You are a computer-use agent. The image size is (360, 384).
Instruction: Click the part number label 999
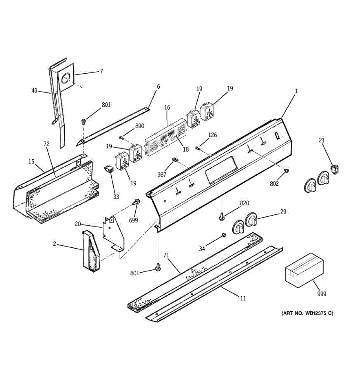click(322, 294)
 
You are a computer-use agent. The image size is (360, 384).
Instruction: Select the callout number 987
click(162, 174)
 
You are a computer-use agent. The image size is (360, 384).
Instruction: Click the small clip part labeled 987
click(175, 160)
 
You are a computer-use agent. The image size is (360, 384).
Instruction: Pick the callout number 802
click(274, 183)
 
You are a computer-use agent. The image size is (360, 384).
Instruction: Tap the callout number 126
click(212, 135)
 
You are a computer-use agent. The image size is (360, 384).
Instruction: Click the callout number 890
click(140, 126)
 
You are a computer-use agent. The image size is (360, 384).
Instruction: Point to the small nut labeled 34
click(223, 236)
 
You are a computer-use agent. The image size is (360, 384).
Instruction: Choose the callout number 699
click(133, 220)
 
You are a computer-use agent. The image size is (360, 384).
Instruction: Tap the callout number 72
click(46, 144)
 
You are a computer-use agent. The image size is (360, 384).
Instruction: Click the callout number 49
click(35, 91)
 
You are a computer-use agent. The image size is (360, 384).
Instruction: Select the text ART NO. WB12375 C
click(307, 313)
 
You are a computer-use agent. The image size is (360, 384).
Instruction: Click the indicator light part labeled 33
click(109, 169)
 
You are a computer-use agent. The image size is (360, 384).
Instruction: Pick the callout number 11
click(243, 298)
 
